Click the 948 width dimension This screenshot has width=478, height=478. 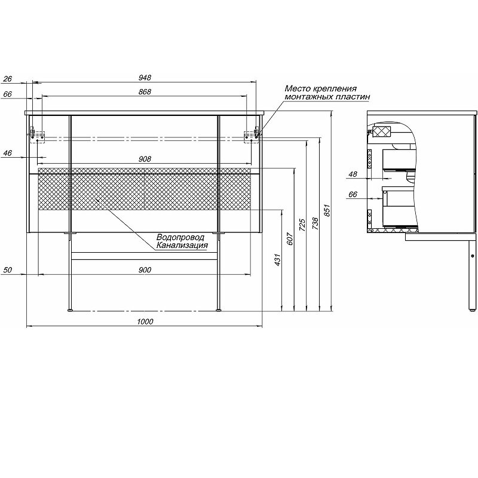pyautogui.click(x=144, y=78)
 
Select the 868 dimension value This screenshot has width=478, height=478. pyautogui.click(x=144, y=91)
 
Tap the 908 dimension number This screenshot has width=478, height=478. pyautogui.click(x=144, y=159)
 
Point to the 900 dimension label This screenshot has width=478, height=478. pyautogui.click(x=144, y=270)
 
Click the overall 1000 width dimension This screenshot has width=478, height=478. pyautogui.click(x=144, y=321)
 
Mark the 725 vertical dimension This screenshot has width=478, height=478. pyautogui.click(x=303, y=225)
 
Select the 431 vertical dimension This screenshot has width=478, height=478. pyautogui.click(x=278, y=261)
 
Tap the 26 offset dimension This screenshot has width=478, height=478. pyautogui.click(x=7, y=78)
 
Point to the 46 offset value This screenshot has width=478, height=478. pyautogui.click(x=7, y=154)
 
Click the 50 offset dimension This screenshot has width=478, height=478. pyautogui.click(x=7, y=270)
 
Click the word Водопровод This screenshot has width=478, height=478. pyautogui.click(x=180, y=237)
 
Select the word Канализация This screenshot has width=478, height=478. pyautogui.click(x=182, y=245)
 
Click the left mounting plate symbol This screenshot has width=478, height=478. pyautogui.click(x=37, y=136)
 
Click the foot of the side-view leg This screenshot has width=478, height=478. pyautogui.click(x=473, y=310)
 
